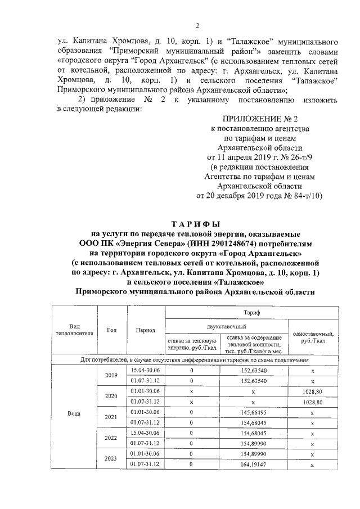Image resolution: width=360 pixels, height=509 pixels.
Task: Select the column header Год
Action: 111,330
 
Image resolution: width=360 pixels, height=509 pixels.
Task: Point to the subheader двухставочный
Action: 226,325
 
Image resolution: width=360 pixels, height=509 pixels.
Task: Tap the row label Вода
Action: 74,413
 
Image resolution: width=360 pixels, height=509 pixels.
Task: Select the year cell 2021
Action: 111,417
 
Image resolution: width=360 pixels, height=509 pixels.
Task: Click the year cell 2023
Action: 111,458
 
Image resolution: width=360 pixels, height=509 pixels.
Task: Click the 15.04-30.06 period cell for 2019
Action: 145,371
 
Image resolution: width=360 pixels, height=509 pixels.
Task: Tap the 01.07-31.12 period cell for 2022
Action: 145,443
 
